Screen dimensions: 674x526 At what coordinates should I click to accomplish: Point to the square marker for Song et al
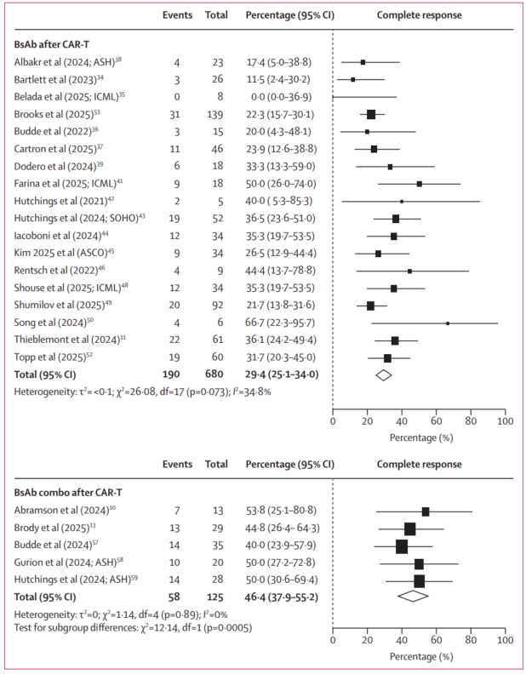[x=448, y=323]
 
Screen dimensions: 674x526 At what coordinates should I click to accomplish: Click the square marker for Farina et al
[x=419, y=184]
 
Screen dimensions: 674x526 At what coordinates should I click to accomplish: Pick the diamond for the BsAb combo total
[x=413, y=596]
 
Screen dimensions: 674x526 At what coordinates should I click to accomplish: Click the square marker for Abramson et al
[x=426, y=511]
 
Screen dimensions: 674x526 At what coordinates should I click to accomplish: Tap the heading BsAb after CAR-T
[x=53, y=42]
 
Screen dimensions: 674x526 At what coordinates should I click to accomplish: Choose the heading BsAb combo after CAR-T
[x=67, y=491]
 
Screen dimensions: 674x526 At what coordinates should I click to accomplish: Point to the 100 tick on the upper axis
[x=506, y=420]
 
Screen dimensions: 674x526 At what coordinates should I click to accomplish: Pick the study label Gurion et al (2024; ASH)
[x=67, y=564]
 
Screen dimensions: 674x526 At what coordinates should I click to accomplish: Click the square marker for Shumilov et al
[x=370, y=306]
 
